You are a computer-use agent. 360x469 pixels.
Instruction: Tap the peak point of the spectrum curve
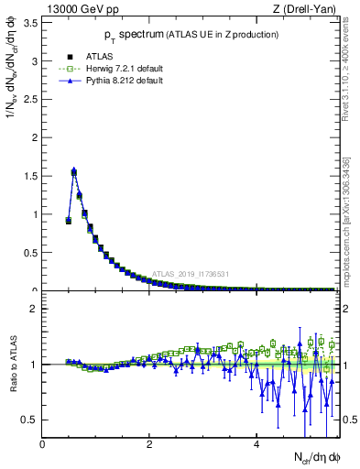(73, 170)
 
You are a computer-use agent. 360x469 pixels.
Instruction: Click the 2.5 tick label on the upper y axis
(31, 100)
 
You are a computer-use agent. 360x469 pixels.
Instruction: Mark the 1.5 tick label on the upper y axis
(31, 176)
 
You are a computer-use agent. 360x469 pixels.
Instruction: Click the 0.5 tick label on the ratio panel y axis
(31, 420)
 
